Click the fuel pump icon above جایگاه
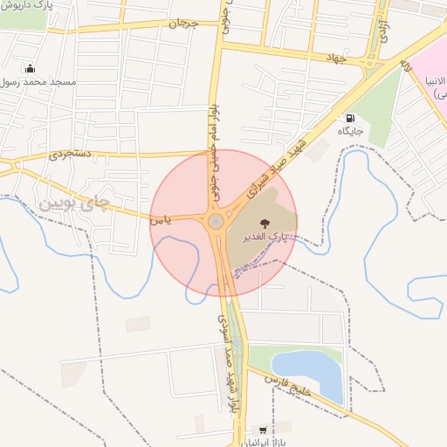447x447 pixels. [350, 118]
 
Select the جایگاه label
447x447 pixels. [350, 131]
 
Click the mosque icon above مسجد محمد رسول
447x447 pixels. [31, 68]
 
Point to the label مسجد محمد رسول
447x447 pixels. [40, 81]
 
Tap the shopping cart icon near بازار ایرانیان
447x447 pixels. [262, 430]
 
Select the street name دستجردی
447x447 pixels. [71, 154]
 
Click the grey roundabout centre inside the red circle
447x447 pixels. [215, 222]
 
